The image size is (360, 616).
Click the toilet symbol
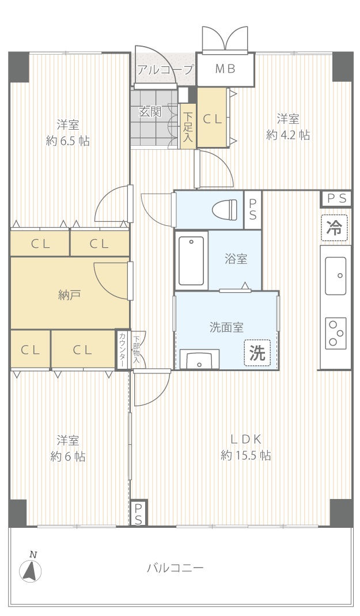(225, 208)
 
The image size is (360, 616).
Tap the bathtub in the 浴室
(191, 260)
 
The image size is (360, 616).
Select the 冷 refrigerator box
(335, 228)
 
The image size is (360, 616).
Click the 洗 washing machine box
(257, 353)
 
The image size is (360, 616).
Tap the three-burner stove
(336, 333)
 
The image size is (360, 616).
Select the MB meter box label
(225, 69)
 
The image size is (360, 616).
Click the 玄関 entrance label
(150, 112)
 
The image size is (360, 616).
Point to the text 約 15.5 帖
(246, 455)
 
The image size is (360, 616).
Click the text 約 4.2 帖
(288, 135)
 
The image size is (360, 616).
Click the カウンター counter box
(122, 349)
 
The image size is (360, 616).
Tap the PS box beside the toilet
(253, 209)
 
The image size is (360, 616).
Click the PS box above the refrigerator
(336, 199)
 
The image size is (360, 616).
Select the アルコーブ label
(165, 70)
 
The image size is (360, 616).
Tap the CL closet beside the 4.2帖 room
(213, 118)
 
